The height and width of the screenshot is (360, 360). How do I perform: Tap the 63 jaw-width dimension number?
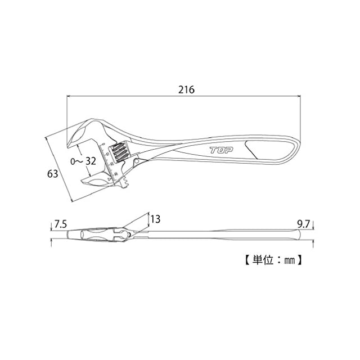[52, 174]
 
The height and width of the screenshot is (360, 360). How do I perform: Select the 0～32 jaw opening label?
[83, 161]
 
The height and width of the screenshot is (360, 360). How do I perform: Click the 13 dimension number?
[156, 218]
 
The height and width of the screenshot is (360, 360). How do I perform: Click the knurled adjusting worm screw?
[119, 152]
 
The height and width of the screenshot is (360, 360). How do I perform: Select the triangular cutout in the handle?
[255, 148]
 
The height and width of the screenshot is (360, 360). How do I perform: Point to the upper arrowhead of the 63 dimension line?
[46, 137]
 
